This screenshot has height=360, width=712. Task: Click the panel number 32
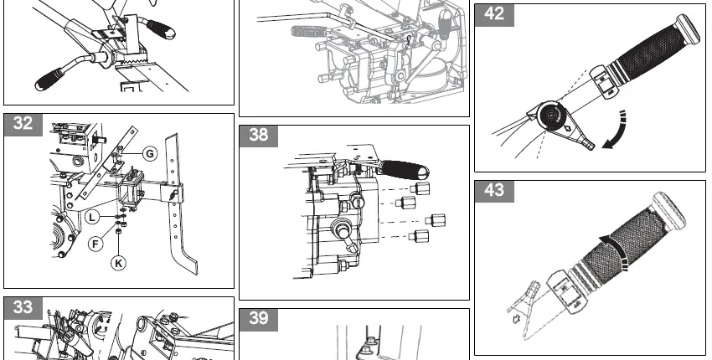pyautogui.click(x=23, y=124)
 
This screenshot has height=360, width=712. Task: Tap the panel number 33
pyautogui.click(x=23, y=307)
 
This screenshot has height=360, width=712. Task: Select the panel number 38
pyautogui.click(x=259, y=136)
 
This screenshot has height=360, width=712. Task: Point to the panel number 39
pyautogui.click(x=259, y=319)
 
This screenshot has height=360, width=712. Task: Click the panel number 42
pyautogui.click(x=494, y=14)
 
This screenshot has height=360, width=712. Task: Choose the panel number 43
pyautogui.click(x=494, y=191)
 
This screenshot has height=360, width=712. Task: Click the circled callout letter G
pyautogui.click(x=148, y=154)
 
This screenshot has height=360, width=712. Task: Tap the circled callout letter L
pyautogui.click(x=93, y=218)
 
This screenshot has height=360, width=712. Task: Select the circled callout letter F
pyautogui.click(x=97, y=244)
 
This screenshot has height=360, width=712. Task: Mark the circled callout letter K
pyautogui.click(x=119, y=263)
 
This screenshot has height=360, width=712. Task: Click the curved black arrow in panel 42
pyautogui.click(x=616, y=131)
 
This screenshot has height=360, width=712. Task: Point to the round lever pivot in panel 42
pyautogui.click(x=549, y=115)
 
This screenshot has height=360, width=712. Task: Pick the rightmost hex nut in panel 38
pyautogui.click(x=436, y=221)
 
